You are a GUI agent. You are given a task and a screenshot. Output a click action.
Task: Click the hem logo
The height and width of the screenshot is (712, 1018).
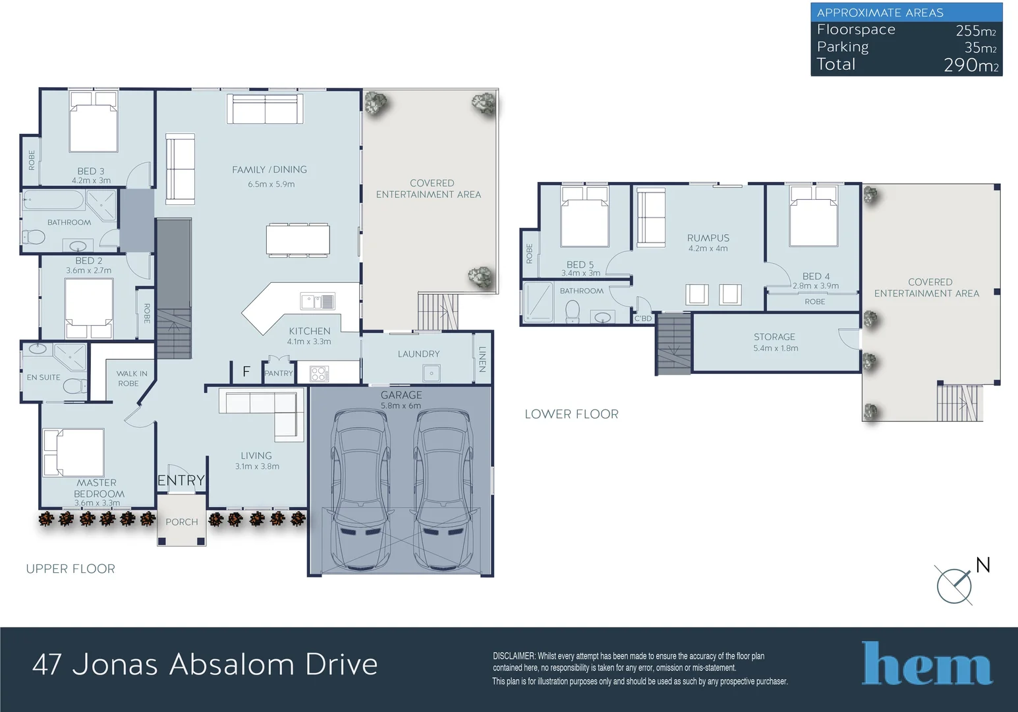[x=926, y=663]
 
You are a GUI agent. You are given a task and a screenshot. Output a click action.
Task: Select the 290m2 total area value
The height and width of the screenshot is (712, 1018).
[x=971, y=65]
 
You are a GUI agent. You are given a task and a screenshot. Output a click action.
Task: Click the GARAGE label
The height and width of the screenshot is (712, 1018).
[x=401, y=395]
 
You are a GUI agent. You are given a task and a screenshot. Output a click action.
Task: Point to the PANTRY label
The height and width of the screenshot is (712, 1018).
[x=279, y=373]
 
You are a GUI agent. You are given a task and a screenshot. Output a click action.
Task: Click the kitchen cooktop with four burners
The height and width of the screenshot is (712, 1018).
[x=319, y=374]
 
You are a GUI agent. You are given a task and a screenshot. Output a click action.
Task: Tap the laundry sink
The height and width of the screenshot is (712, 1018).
[x=432, y=373]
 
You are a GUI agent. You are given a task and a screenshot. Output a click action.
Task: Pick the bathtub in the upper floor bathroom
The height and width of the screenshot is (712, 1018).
[x=53, y=200]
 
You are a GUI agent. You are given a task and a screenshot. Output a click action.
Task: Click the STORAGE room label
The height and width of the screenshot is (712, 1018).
[x=774, y=337]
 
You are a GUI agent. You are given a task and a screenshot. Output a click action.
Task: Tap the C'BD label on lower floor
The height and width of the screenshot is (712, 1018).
[x=642, y=318]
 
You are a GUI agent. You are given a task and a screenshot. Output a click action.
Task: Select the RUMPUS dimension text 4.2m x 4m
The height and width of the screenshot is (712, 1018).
[x=708, y=249]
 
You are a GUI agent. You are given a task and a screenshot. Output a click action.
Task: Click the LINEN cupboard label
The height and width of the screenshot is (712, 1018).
[x=482, y=359]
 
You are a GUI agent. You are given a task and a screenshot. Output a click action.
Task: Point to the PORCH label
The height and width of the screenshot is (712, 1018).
[x=182, y=522]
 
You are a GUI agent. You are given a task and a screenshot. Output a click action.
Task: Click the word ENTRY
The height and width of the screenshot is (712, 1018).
[x=181, y=480]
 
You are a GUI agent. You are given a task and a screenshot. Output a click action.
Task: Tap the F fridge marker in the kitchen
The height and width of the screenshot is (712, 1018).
[x=246, y=371]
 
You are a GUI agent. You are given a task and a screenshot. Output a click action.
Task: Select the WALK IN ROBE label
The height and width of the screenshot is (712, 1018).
[x=131, y=378]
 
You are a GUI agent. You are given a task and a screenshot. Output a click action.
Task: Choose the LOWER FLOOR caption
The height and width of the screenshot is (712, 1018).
[x=571, y=414]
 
